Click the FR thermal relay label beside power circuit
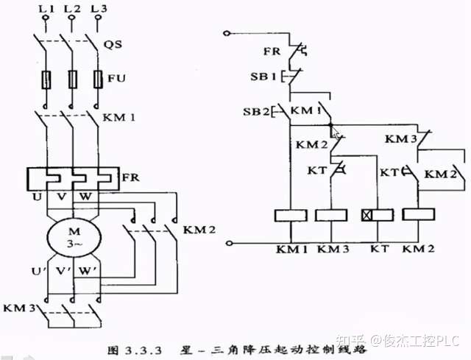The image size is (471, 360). pyautogui.click(x=130, y=177)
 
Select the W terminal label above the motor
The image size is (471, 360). pyautogui.click(x=86, y=198)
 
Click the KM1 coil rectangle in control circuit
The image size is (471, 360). pyautogui.click(x=290, y=215)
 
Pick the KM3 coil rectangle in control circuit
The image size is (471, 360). pyautogui.click(x=331, y=215)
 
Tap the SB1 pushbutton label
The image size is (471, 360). pyautogui.click(x=262, y=77)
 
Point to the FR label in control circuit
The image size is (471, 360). pyautogui.click(x=271, y=52)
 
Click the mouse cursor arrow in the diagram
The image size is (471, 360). pyautogui.click(x=335, y=133)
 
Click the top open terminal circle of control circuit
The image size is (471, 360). pyautogui.click(x=232, y=32)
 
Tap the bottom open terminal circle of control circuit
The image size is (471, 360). pyautogui.click(x=232, y=242)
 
